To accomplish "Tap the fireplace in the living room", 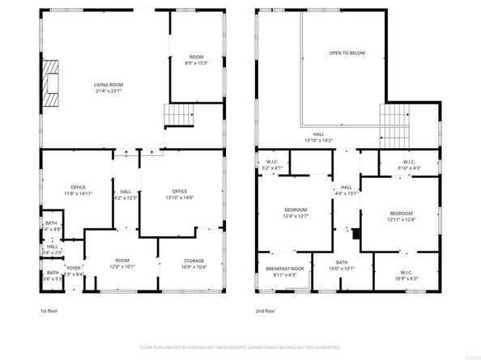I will pos(51,82).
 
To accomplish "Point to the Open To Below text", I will pos(347,53).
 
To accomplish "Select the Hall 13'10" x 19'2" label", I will pos(319,138).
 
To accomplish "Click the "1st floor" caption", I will pos(49,310).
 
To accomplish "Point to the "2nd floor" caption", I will pos(266,310).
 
